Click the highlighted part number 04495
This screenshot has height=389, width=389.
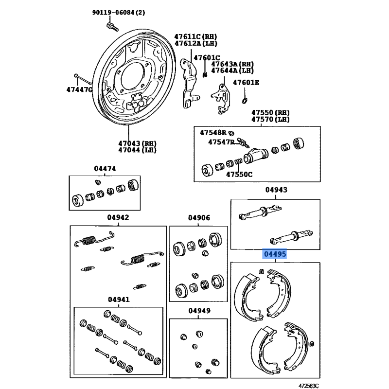coord(275,254)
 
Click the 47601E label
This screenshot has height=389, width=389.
coord(246,82)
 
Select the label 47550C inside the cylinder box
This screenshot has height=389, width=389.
coord(241,174)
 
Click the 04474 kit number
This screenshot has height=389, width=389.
coord(105,169)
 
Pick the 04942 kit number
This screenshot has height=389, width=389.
coord(119,217)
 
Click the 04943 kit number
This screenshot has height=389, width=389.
coord(276,190)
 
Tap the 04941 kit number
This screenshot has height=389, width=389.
coord(119,299)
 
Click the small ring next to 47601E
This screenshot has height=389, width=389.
coord(244,101)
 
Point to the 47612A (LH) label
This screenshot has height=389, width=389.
coord(196,43)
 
